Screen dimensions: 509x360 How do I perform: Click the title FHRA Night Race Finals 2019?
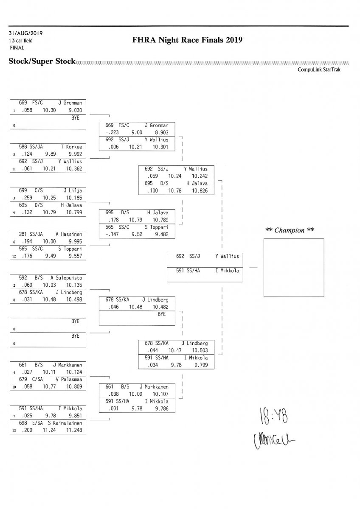pos(187,40)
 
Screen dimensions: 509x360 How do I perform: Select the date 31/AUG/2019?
pos(25,33)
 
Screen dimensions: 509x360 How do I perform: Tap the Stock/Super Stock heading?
pos(42,62)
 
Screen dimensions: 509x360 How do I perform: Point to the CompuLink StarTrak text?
pos(319,70)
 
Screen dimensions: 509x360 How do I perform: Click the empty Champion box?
pos(294,267)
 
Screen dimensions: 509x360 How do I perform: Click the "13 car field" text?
pos(20,41)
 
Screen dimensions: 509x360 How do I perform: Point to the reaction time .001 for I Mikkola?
pos(107,408)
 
